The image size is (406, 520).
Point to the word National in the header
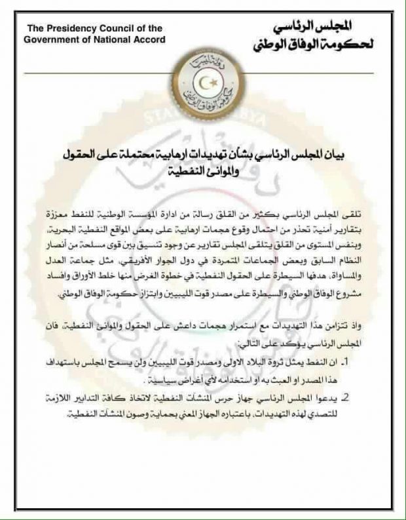(107, 39)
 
